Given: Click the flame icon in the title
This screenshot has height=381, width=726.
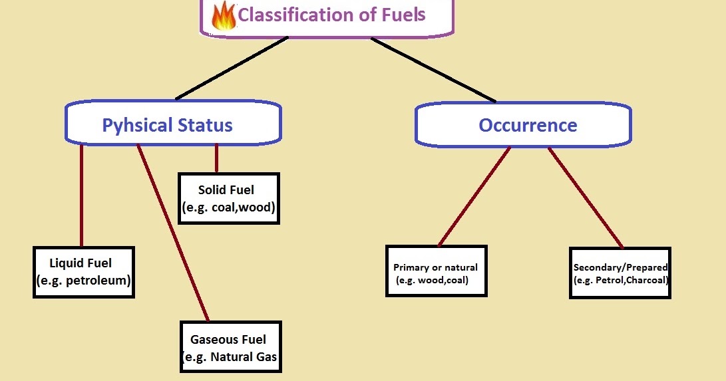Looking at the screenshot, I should pyautogui.click(x=224, y=16).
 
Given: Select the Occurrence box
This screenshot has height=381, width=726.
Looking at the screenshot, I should pyautogui.click(x=523, y=124).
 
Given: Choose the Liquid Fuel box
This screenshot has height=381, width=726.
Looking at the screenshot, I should pyautogui.click(x=83, y=272).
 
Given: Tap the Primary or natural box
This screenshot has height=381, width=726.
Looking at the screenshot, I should pyautogui.click(x=436, y=271).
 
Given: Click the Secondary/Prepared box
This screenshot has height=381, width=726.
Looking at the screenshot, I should pyautogui.click(x=620, y=273).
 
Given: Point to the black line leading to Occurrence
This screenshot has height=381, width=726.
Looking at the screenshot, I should pyautogui.click(x=433, y=70).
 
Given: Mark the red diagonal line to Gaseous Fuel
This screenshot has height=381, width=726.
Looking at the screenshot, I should pyautogui.click(x=173, y=233).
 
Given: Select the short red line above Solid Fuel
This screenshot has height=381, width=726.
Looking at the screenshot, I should pyautogui.click(x=216, y=158).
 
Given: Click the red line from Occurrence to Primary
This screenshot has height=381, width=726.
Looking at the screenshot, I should pyautogui.click(x=474, y=196).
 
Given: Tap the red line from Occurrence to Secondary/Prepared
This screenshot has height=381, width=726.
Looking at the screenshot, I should pyautogui.click(x=586, y=197).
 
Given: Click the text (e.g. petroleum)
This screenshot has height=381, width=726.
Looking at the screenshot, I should pyautogui.click(x=83, y=281).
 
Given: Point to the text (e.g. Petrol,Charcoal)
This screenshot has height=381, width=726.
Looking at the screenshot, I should pyautogui.click(x=620, y=281).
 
